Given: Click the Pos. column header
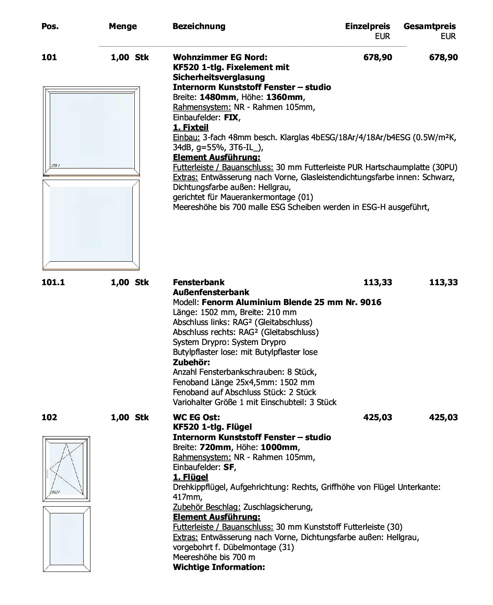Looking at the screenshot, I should (x=50, y=26).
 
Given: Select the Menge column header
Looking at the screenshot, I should (x=122, y=26).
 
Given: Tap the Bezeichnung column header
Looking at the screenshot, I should (x=199, y=26).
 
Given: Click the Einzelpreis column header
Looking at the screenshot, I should (x=367, y=26).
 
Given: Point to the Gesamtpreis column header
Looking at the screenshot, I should (x=429, y=26).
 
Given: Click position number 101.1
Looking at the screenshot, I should (x=53, y=282).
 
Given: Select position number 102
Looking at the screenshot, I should (x=49, y=417).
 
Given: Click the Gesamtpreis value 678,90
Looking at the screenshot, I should (x=443, y=57).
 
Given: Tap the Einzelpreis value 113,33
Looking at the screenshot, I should (x=377, y=282).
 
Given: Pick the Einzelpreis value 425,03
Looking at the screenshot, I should (x=377, y=417).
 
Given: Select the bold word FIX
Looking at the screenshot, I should (x=231, y=117).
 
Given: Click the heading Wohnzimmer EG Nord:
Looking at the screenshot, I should (x=220, y=57).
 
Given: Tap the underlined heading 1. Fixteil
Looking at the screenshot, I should (x=191, y=127).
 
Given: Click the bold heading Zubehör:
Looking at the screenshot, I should (x=191, y=362).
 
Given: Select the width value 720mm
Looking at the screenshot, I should (x=215, y=447).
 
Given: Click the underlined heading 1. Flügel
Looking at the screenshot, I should (x=190, y=477).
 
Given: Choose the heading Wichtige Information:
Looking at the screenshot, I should (x=219, y=567).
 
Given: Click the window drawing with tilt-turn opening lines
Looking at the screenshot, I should (x=67, y=469).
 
